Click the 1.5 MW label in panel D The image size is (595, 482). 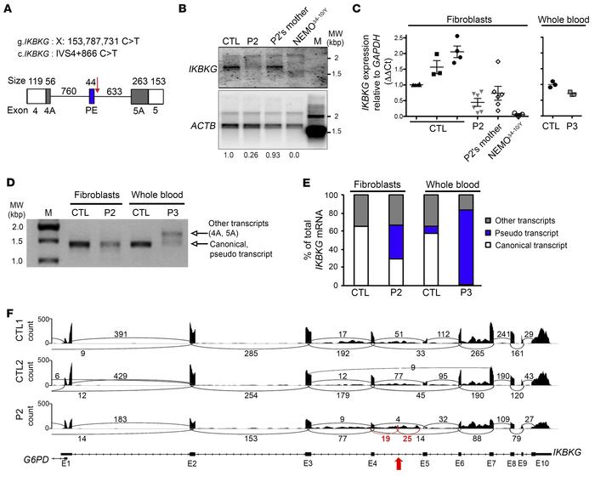(34, 243)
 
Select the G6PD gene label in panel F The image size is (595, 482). (40, 457)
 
